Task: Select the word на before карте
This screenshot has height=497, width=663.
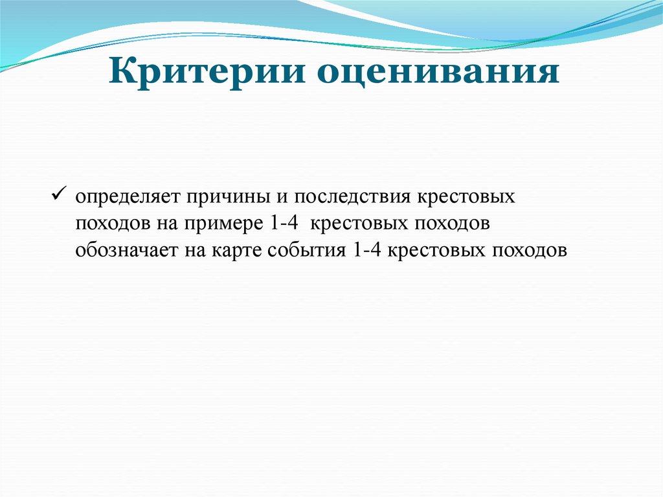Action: pyautogui.click(x=192, y=250)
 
